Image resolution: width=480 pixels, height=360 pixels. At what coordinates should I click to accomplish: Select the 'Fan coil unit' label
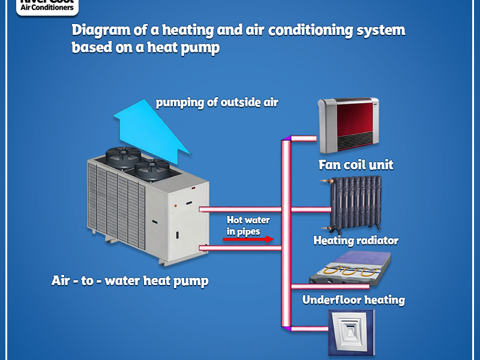click(356, 164)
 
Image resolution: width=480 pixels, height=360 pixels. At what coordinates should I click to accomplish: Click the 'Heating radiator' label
click(356, 241)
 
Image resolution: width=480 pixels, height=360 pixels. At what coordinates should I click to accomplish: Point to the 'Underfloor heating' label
click(353, 299)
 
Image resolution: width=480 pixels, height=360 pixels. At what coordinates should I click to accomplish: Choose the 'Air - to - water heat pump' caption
click(130, 280)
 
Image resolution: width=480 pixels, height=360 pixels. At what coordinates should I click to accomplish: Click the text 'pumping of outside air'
click(217, 102)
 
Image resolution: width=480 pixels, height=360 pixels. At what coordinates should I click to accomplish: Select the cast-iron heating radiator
click(353, 203)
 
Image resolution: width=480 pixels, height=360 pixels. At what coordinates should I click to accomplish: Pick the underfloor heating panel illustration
click(350, 268)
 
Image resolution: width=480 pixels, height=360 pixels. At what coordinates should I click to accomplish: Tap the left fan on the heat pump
click(124, 158)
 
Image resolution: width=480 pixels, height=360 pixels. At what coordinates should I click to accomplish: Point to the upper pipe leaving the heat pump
click(240, 209)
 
